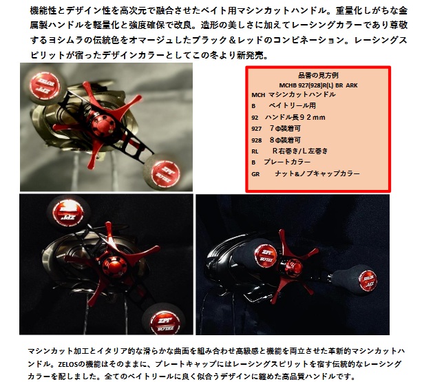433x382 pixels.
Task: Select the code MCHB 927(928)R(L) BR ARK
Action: click(317, 84)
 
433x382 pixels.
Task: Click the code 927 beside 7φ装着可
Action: click(257, 128)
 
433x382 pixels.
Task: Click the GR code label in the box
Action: click(255, 174)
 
